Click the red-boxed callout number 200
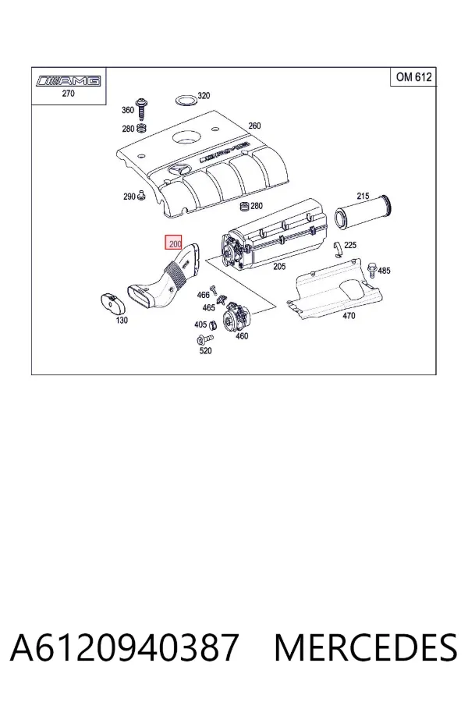click(x=173, y=243)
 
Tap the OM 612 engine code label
click(x=413, y=77)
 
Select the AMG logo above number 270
click(x=69, y=81)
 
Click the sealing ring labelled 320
click(x=185, y=101)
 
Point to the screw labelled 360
click(x=142, y=108)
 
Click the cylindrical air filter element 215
click(x=364, y=213)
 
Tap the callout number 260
click(x=254, y=126)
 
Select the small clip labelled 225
click(x=338, y=250)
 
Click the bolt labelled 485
click(x=372, y=270)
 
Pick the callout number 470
click(x=349, y=316)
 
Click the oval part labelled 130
click(x=111, y=304)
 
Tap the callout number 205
click(x=279, y=267)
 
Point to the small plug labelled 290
click(x=141, y=195)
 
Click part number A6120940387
click(x=123, y=647)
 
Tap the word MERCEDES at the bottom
click(x=366, y=647)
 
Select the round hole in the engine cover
click(x=186, y=136)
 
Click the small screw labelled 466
click(x=214, y=289)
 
